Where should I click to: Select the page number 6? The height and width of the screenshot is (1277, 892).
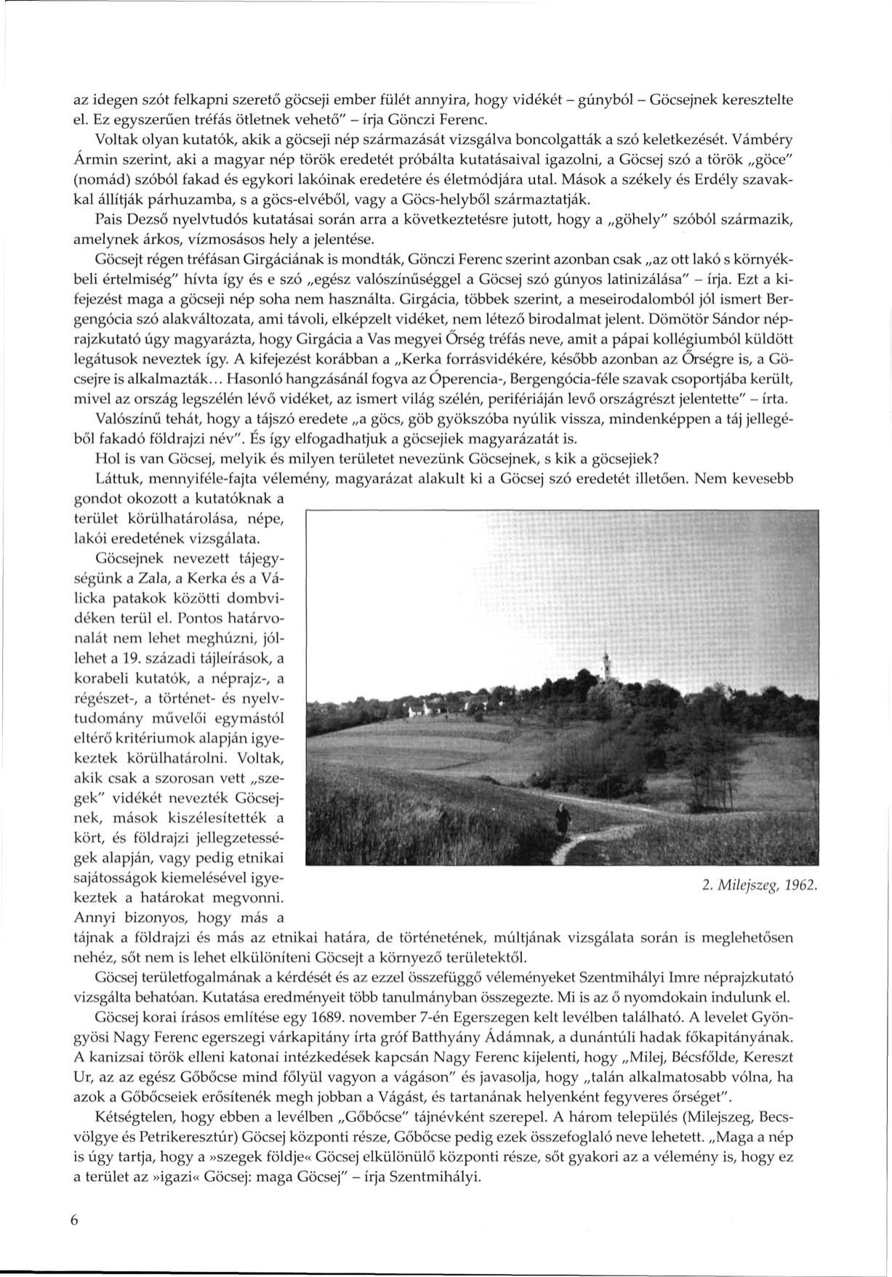click(x=74, y=1221)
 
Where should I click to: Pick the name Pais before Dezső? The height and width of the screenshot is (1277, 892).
click(x=108, y=218)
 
